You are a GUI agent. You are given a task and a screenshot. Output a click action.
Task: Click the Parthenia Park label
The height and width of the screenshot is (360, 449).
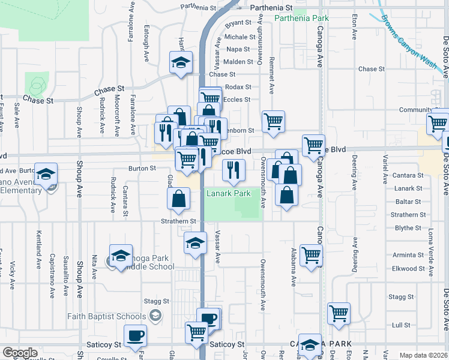(301, 19)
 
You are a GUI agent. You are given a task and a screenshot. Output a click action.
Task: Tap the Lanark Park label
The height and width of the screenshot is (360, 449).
(228, 194)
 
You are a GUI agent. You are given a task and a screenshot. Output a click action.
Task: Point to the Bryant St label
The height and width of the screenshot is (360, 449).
(238, 23)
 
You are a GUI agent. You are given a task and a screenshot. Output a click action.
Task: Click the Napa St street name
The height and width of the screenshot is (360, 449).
(238, 49)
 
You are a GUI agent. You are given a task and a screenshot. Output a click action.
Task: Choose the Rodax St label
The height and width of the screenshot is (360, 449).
(238, 87)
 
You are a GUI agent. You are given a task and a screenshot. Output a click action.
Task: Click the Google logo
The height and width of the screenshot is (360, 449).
(20, 353)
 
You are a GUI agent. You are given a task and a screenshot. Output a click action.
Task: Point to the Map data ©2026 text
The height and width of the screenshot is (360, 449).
(423, 355)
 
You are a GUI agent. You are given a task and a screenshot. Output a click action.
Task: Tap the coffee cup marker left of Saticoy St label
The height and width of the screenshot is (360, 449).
(135, 335)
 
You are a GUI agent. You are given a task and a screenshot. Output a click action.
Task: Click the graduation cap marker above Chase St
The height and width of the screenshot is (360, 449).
(181, 62)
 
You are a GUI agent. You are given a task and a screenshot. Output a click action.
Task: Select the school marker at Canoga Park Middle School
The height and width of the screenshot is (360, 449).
(121, 255)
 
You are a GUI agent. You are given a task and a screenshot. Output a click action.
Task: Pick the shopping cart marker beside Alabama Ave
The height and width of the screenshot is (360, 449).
(312, 255)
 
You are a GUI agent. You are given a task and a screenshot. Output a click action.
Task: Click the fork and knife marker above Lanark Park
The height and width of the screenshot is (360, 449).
(234, 170)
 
